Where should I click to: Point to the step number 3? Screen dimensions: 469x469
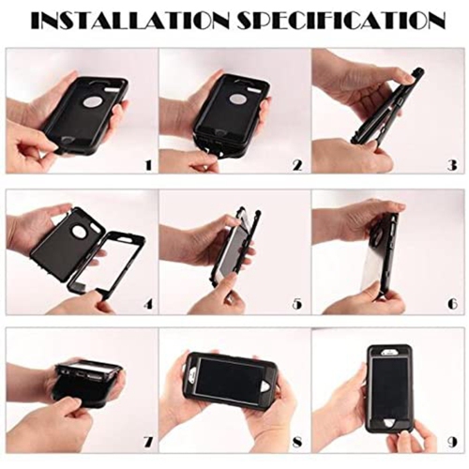(x=450, y=165)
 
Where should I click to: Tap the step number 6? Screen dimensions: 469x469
(x=450, y=305)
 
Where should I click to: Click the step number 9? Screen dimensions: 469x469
(x=450, y=443)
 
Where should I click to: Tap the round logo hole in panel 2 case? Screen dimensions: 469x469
(x=238, y=98)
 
